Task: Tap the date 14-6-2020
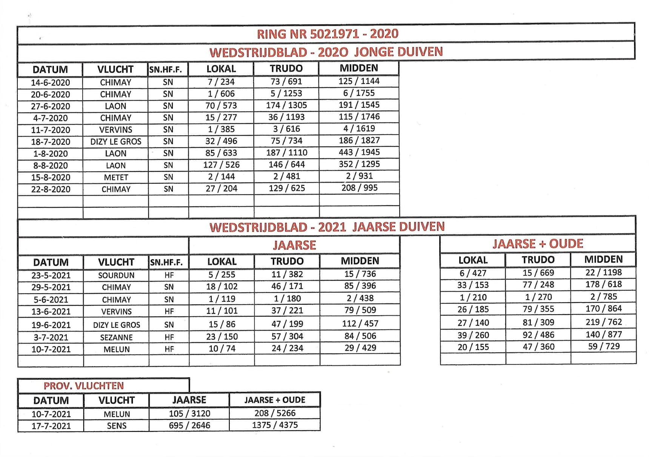[50, 83]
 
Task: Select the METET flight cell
[116, 177]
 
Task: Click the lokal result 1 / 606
[221, 93]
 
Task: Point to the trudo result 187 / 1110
[287, 153]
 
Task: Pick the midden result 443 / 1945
[359, 152]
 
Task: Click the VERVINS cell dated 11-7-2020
[115, 130]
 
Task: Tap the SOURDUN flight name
[116, 275]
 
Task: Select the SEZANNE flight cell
[116, 337]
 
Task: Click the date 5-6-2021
[51, 300]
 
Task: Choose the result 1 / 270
[538, 297]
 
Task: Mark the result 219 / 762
[604, 322]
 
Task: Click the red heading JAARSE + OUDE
[538, 244]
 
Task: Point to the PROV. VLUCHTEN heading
[84, 386]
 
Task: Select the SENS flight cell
[117, 426]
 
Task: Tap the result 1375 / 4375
[275, 425]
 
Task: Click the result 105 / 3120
[189, 413]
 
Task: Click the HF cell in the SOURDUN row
[169, 275]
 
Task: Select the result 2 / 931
[359, 176]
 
